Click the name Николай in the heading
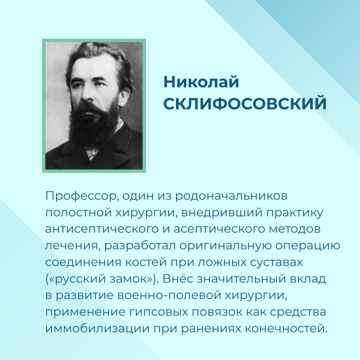point(201,82)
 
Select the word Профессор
point(82,196)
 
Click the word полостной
point(79,213)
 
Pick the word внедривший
point(222,213)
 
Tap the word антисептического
point(102,229)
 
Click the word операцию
point(308,246)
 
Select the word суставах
point(276,263)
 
